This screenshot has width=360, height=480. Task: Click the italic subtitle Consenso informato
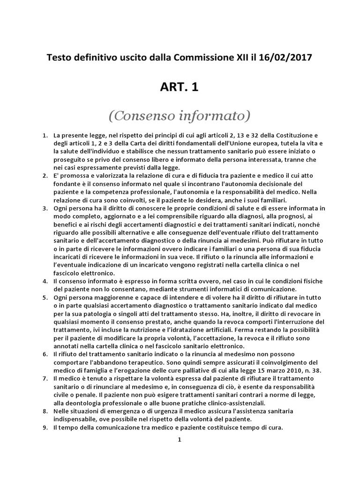point(180,115)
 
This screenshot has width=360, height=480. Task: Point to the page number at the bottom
point(180,440)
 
